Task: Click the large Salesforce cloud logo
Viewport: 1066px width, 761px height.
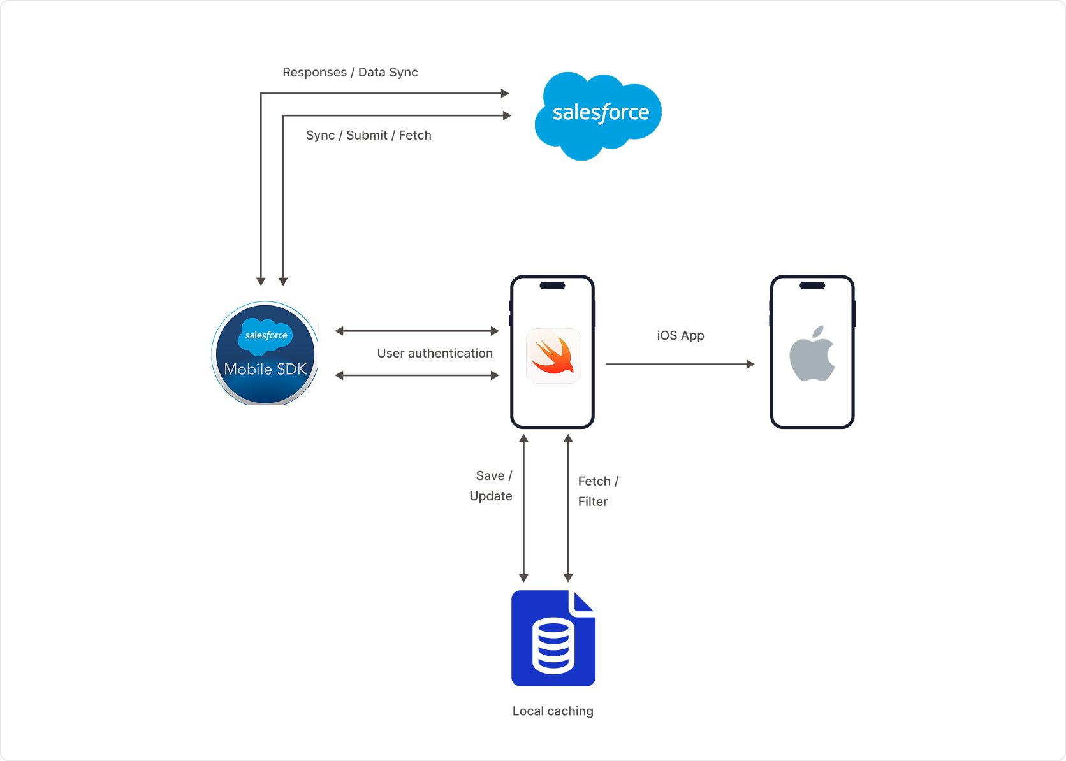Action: (598, 115)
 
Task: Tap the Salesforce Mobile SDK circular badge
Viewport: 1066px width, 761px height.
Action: (265, 354)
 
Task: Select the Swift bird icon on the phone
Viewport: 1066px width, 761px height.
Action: (553, 356)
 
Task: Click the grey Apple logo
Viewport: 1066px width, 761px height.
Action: (812, 354)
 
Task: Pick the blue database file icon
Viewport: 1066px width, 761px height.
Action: (553, 638)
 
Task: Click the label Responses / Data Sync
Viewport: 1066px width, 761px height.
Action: (350, 73)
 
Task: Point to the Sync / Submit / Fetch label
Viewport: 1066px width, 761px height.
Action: (369, 135)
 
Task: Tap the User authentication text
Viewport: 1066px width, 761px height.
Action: (435, 353)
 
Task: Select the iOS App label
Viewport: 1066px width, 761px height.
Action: (680, 335)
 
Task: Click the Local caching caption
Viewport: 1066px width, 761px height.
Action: (553, 711)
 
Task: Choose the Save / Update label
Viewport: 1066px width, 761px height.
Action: (491, 486)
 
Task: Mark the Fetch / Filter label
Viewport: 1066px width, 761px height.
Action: (597, 491)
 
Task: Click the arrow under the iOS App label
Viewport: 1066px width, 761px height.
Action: (680, 365)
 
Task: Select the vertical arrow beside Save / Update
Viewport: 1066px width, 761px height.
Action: (523, 508)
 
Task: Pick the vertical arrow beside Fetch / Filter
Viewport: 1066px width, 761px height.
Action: (568, 508)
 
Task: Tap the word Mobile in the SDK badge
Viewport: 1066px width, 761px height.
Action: (248, 369)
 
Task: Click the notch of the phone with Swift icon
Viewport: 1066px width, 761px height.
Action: (552, 286)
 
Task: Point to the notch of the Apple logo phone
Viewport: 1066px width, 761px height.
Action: (812, 286)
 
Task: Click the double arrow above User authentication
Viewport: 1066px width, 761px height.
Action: (417, 331)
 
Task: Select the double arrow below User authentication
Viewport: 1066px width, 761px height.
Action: (417, 375)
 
